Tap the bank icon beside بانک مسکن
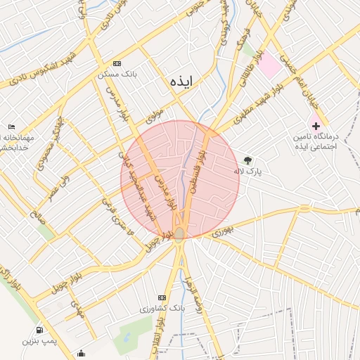coord(117,63)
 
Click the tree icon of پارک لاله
coord(247,160)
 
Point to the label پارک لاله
coord(248,171)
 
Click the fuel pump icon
coord(38,330)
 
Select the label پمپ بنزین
coord(38,341)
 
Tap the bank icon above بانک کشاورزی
coord(162,297)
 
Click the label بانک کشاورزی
coord(162,309)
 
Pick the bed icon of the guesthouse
coord(11,127)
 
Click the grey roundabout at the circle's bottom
coord(180,233)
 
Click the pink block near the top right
coord(269,66)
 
